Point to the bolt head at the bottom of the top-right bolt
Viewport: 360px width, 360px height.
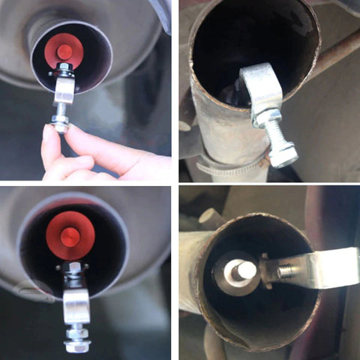tap(283, 156)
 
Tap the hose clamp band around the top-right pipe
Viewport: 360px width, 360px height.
tap(225, 166)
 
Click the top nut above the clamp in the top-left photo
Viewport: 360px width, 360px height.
tap(66, 70)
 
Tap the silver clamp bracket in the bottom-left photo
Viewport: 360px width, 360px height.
tap(76, 306)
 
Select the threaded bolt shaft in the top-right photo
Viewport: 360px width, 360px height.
tap(276, 136)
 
